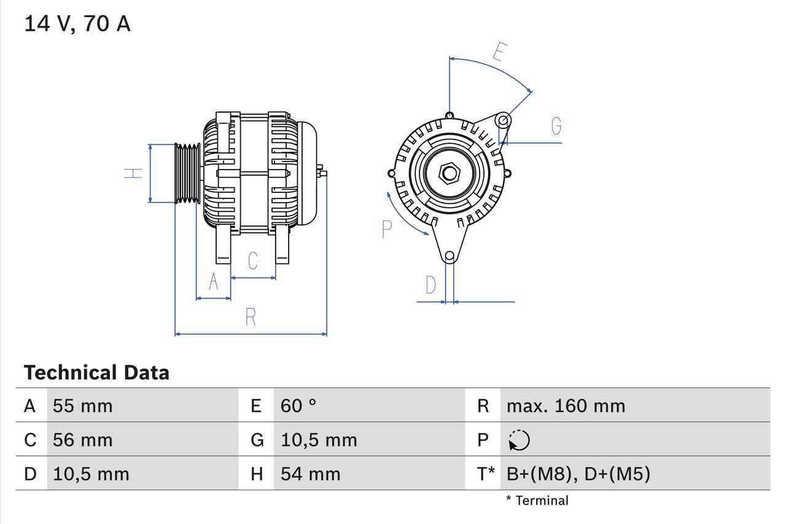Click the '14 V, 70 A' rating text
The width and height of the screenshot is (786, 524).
pos(77,24)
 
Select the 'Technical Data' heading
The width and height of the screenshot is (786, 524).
pos(96,372)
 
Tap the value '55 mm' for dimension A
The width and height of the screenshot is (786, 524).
pos(83,405)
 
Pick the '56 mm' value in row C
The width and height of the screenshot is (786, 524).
pos(83,440)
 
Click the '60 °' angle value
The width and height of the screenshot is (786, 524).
pos(298,405)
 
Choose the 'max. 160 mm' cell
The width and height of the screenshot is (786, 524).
pos(566,405)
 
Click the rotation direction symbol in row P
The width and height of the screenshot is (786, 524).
pos(519,440)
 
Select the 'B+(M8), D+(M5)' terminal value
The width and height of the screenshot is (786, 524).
pos(578,474)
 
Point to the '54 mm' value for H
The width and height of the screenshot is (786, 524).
pos(310,474)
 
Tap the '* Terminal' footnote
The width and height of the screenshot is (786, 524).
pos(537,501)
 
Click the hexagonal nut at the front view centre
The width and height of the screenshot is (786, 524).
pos(449,173)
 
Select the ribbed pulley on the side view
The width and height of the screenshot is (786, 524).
pos(188,173)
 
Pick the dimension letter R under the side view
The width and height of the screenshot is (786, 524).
pos(251,318)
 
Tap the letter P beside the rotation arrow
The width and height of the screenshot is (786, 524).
pos(386,229)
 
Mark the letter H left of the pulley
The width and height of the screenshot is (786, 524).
pos(133,173)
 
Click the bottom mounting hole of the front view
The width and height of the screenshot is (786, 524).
pos(449,256)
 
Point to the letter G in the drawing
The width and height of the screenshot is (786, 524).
pos(556,126)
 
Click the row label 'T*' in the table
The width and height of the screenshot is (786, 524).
pos(486,474)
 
